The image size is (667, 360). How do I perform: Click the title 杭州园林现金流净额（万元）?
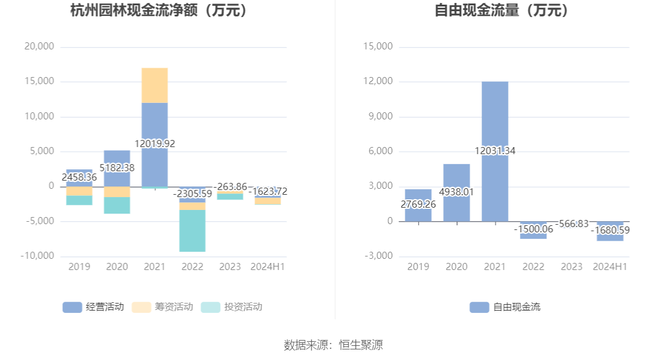(159, 11)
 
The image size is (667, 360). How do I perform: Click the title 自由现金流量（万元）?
(503, 11)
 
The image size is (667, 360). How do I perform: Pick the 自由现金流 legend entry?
(505, 306)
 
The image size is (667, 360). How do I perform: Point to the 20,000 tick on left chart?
(39, 46)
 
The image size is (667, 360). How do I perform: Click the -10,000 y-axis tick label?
(37, 256)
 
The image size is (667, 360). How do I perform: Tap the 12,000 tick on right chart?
(378, 81)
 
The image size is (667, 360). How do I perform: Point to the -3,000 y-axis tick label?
(378, 256)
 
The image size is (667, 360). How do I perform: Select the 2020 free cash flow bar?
(456, 176)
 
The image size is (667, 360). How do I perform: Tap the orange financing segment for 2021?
(155, 85)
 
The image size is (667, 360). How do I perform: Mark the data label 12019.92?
(155, 144)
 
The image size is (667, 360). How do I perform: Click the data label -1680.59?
(610, 230)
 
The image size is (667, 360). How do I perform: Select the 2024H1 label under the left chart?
(268, 266)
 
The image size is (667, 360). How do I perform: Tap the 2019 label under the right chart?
(418, 266)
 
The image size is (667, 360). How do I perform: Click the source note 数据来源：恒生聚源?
(333, 345)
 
